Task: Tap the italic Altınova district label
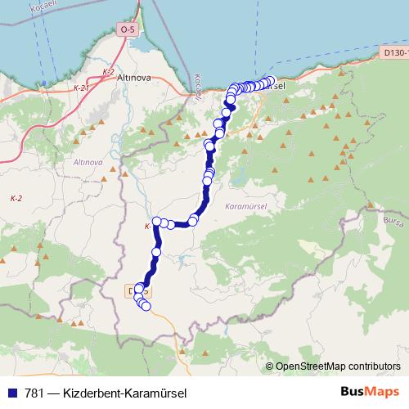pos(88,163)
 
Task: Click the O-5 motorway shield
pos(127,29)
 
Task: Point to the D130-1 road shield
pos(395,52)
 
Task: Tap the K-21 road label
pos(80,87)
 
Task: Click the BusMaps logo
pos(371,392)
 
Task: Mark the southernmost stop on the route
pos(146,307)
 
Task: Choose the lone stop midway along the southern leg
pos(155,252)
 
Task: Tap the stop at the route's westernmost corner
pos(155,221)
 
